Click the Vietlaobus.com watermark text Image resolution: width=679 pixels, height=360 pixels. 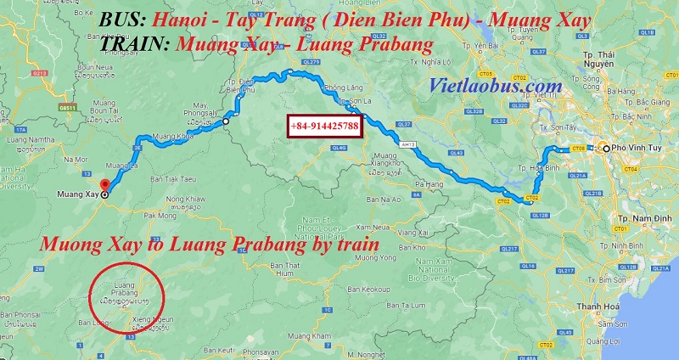[497, 86]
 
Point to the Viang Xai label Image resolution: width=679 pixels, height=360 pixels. [409, 232]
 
